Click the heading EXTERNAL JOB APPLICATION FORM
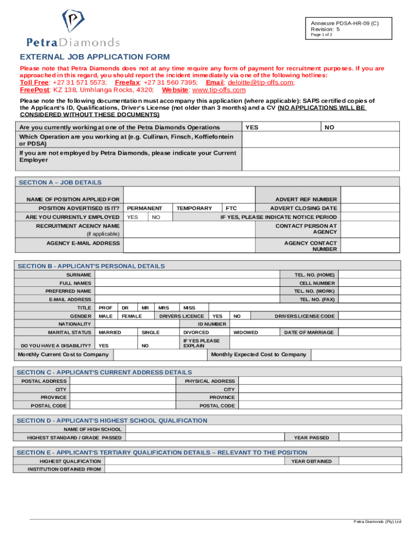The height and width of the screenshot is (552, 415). point(95,57)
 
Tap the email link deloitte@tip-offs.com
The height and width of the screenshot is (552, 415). point(261,82)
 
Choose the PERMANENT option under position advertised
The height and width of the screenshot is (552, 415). point(144,208)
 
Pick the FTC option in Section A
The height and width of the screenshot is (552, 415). point(231,208)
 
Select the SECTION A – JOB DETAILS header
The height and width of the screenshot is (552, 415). point(60,182)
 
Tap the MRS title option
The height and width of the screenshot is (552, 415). point(163,307)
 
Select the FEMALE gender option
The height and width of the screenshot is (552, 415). point(132,316)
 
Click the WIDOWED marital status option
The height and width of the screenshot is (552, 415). point(245,333)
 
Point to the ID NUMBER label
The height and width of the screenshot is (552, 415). point(212,324)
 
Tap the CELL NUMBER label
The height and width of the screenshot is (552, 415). point(317,283)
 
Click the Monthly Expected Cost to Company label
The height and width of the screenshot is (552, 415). point(259,354)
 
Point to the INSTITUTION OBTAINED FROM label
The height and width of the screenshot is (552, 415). point(64,469)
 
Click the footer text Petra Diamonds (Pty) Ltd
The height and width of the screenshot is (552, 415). point(377,521)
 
